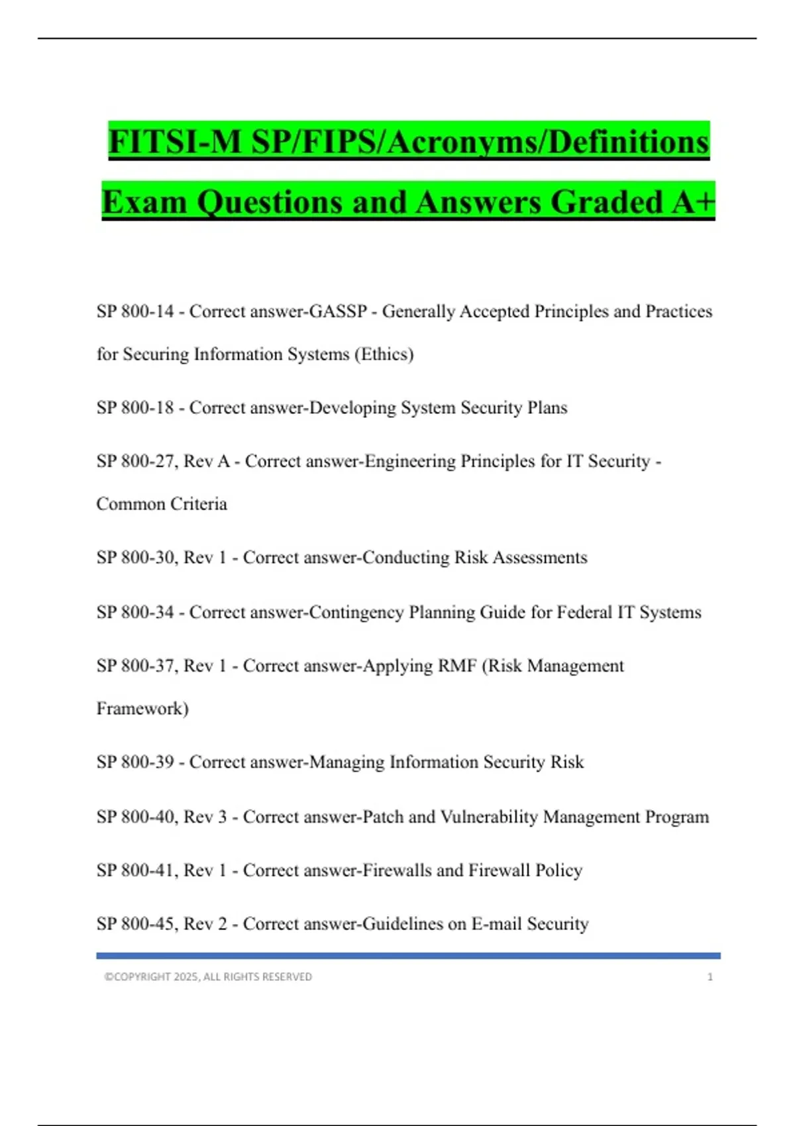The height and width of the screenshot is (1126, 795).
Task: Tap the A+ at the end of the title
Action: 693,201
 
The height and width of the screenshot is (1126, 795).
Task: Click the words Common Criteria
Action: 162,504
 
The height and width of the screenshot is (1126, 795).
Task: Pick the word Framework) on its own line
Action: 142,709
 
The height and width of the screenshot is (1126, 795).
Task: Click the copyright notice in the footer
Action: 208,977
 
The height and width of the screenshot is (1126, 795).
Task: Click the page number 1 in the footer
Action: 710,977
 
